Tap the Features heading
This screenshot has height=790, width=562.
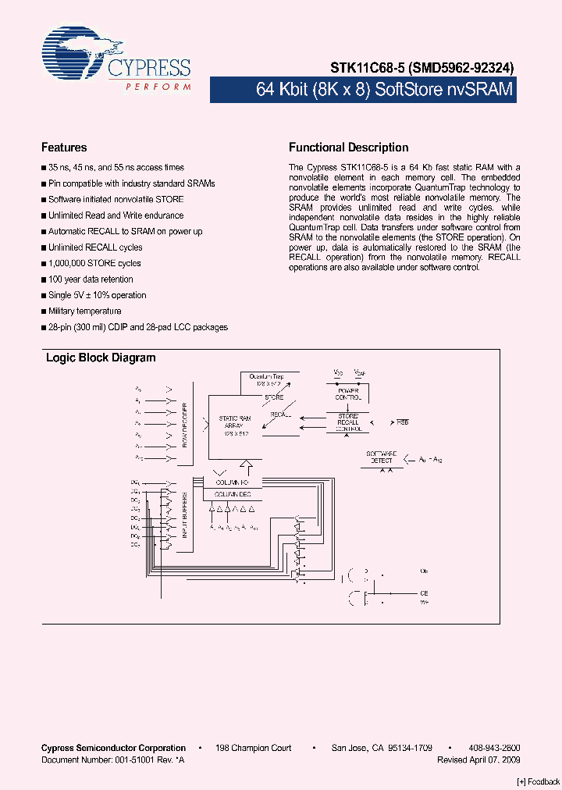pyautogui.click(x=64, y=148)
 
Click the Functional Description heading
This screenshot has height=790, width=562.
pyautogui.click(x=348, y=148)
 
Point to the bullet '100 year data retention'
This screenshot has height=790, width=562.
pyautogui.click(x=91, y=279)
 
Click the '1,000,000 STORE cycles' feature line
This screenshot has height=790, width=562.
pyautogui.click(x=94, y=263)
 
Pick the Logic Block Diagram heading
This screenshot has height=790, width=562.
pyautogui.click(x=101, y=358)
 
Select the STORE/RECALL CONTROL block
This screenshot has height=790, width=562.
pyautogui.click(x=348, y=422)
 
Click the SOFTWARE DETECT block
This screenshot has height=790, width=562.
pyautogui.click(x=382, y=457)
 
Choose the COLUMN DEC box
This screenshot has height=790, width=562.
pyautogui.click(x=233, y=495)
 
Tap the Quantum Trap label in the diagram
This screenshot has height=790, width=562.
pyautogui.click(x=266, y=377)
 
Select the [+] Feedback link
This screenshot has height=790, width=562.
pyautogui.click(x=538, y=782)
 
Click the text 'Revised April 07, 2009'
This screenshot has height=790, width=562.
pyautogui.click(x=478, y=759)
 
